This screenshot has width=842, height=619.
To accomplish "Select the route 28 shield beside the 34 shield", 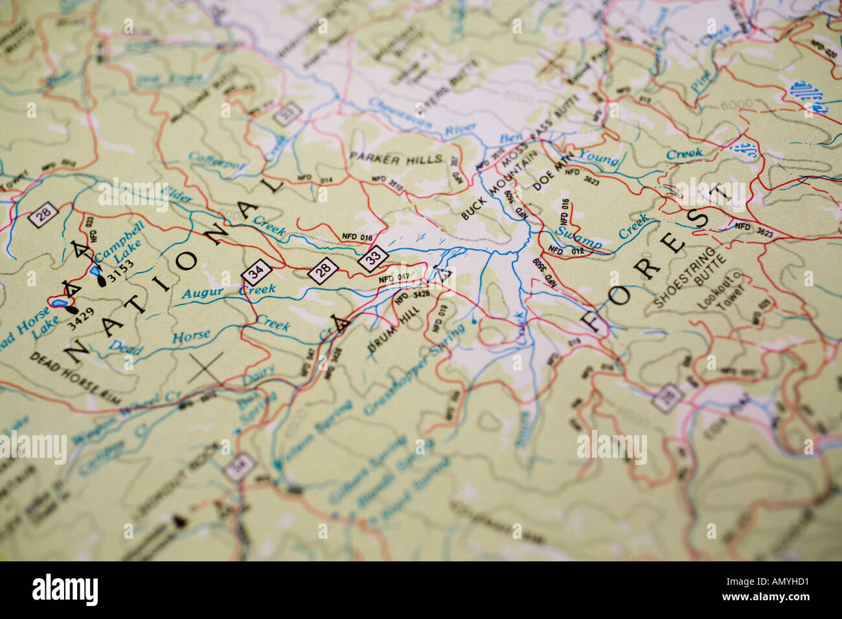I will click(x=322, y=271).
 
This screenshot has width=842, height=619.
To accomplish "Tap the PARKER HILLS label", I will click(x=395, y=157).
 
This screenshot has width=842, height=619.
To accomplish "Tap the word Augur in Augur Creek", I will click(x=202, y=293).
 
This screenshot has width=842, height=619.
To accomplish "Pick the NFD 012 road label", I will click(x=565, y=249).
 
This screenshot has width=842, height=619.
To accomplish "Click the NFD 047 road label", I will click(x=394, y=278).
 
